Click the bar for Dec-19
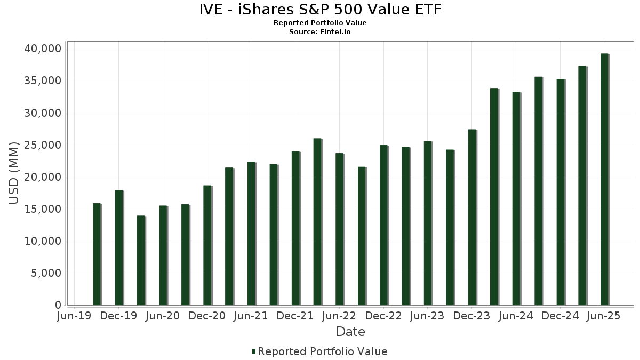pyautogui.click(x=118, y=247)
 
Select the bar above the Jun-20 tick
pyautogui.click(x=163, y=255)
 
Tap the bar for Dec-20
pyautogui.click(x=207, y=245)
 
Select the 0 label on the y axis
pyautogui.click(x=58, y=305)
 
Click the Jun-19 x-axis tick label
pyautogui.click(x=74, y=316)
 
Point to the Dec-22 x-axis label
pyautogui.click(x=383, y=316)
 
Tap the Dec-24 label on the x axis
pyautogui.click(x=560, y=316)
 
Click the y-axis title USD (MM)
pyautogui.click(x=14, y=173)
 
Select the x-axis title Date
pyautogui.click(x=350, y=332)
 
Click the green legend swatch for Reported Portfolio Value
pyautogui.click(x=254, y=351)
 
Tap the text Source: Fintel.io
pyautogui.click(x=320, y=31)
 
